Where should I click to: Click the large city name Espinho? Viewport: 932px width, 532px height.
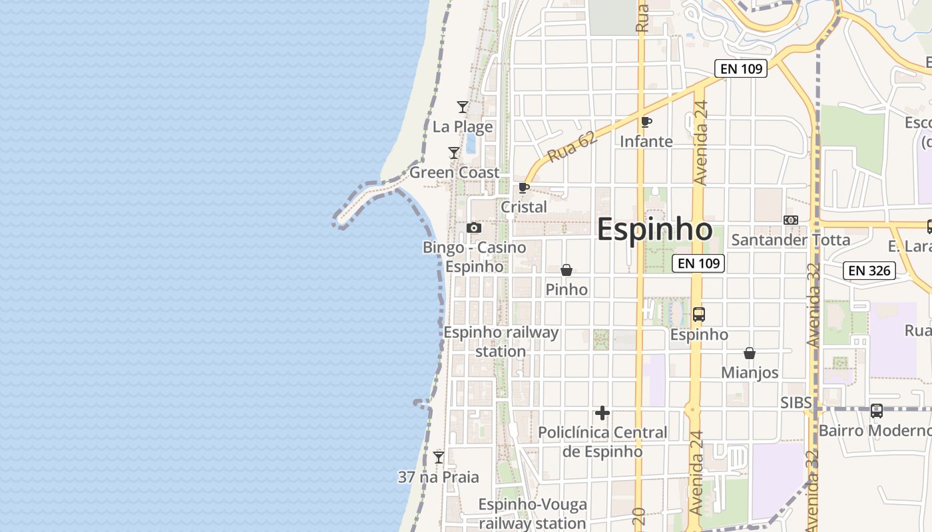[654, 229]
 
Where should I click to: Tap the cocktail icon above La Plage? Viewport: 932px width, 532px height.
[462, 107]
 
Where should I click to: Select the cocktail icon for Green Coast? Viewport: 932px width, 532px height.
[454, 153]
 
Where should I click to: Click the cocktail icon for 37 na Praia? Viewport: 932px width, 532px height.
[439, 458]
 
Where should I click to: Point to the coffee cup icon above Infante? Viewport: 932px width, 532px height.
[646, 122]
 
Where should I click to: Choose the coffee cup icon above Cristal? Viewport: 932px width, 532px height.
[524, 188]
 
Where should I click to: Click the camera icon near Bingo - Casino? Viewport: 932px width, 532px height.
[474, 228]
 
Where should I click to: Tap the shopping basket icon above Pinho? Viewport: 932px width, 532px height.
[567, 270]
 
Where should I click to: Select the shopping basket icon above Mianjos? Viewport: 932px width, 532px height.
[750, 353]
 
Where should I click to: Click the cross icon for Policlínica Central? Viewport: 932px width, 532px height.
[602, 413]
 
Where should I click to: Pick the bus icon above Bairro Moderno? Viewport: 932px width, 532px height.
[877, 411]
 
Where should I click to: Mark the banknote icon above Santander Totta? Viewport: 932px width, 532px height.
[791, 220]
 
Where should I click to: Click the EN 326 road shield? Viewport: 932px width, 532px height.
[869, 271]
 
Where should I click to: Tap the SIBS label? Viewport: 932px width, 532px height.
[796, 402]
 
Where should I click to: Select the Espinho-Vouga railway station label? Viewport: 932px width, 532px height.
[533, 514]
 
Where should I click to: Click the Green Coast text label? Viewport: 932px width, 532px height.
[454, 173]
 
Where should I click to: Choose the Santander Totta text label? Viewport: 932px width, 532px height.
[791, 240]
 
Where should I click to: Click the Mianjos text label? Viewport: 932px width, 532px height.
[750, 372]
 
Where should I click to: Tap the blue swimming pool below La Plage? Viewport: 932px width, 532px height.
[471, 143]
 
